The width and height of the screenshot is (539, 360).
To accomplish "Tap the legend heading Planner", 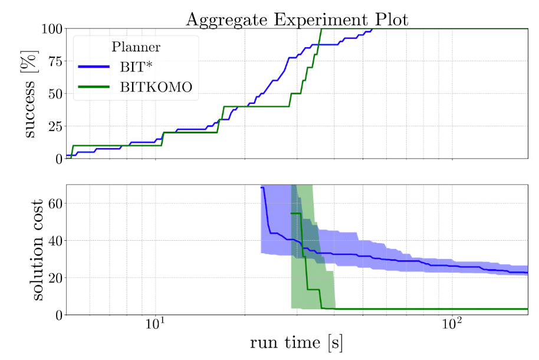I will [136, 47].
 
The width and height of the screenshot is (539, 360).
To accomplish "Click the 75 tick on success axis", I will [52, 61].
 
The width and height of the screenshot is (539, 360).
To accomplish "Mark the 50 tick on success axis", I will [52, 93].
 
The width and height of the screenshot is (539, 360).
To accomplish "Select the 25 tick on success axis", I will [52, 126].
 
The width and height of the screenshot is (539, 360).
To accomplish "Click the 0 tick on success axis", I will [56, 159].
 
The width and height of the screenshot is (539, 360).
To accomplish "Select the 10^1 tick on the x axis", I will [154, 324].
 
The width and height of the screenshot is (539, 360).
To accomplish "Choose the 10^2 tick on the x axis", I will [451, 324].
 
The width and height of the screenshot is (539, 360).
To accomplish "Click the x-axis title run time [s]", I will [297, 343].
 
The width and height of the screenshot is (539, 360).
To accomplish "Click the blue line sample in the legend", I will [94, 67].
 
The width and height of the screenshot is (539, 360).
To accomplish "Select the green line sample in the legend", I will [94, 87].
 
